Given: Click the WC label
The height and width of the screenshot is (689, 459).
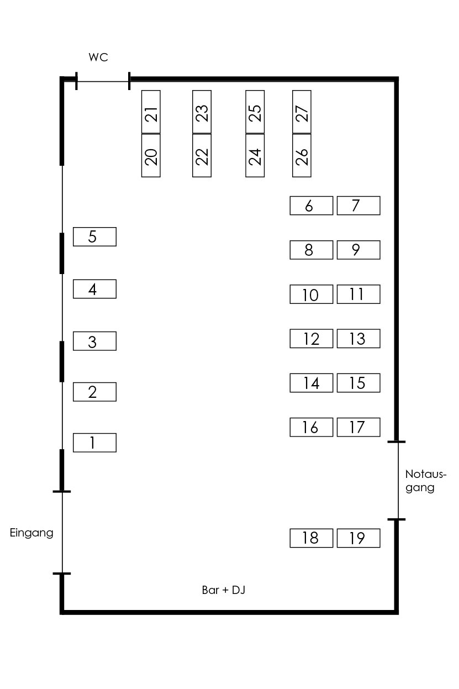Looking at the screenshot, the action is (98, 57).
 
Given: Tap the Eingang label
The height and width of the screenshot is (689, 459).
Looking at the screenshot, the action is (31, 533).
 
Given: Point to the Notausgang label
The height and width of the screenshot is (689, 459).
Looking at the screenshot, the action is (425, 481).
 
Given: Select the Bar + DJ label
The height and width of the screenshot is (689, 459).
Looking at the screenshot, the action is (224, 590).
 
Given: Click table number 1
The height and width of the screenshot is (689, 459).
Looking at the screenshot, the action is (94, 443).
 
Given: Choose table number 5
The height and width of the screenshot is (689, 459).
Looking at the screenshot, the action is (94, 236).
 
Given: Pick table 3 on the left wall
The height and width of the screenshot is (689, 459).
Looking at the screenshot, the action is (94, 341).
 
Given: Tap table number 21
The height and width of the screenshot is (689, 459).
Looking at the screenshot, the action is (151, 112).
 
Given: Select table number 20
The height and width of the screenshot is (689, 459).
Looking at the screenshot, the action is (151, 155).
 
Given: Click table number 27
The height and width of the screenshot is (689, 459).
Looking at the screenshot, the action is (302, 112).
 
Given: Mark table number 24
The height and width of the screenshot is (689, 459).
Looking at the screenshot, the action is (255, 155).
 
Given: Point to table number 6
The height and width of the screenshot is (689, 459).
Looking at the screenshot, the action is (312, 206).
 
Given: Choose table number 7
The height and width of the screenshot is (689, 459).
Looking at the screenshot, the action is (358, 206).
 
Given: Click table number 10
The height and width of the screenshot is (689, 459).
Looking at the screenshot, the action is (312, 294).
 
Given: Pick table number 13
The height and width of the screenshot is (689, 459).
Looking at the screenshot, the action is (358, 338).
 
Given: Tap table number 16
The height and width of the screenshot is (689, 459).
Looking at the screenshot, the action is (312, 427).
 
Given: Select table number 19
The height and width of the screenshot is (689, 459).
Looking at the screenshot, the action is (358, 538).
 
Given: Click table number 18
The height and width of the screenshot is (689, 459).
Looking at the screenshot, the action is (312, 538).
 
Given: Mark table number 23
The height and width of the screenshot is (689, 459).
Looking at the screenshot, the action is (202, 112).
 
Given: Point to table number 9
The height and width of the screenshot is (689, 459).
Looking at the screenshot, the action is (358, 250).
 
